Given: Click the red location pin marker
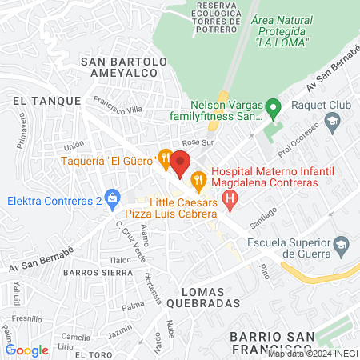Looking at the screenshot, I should pos(180,162).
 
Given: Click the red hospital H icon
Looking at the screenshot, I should pos(230,198).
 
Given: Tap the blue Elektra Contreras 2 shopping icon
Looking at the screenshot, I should pos(113,197).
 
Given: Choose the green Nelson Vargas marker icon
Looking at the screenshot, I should pos(273,106).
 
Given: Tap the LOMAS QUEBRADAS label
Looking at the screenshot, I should pos(203,297).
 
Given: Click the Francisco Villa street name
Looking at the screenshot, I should pos(118,106).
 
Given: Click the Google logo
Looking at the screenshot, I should pos(26,350).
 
